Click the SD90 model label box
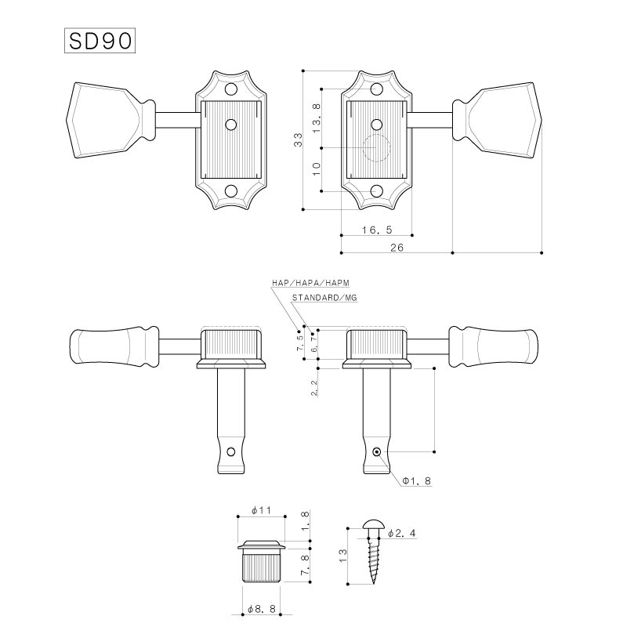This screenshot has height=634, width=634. (x=100, y=41)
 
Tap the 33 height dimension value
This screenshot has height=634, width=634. (x=298, y=139)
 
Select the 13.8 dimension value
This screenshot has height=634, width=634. (x=316, y=118)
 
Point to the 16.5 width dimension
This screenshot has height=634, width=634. (x=377, y=230)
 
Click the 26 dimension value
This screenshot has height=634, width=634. (x=397, y=248)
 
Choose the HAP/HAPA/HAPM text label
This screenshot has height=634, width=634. (x=310, y=283)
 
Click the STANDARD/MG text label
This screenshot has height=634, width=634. (x=324, y=298)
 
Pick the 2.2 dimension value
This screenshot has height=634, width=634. (x=314, y=388)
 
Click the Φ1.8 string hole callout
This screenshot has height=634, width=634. (x=416, y=480)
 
